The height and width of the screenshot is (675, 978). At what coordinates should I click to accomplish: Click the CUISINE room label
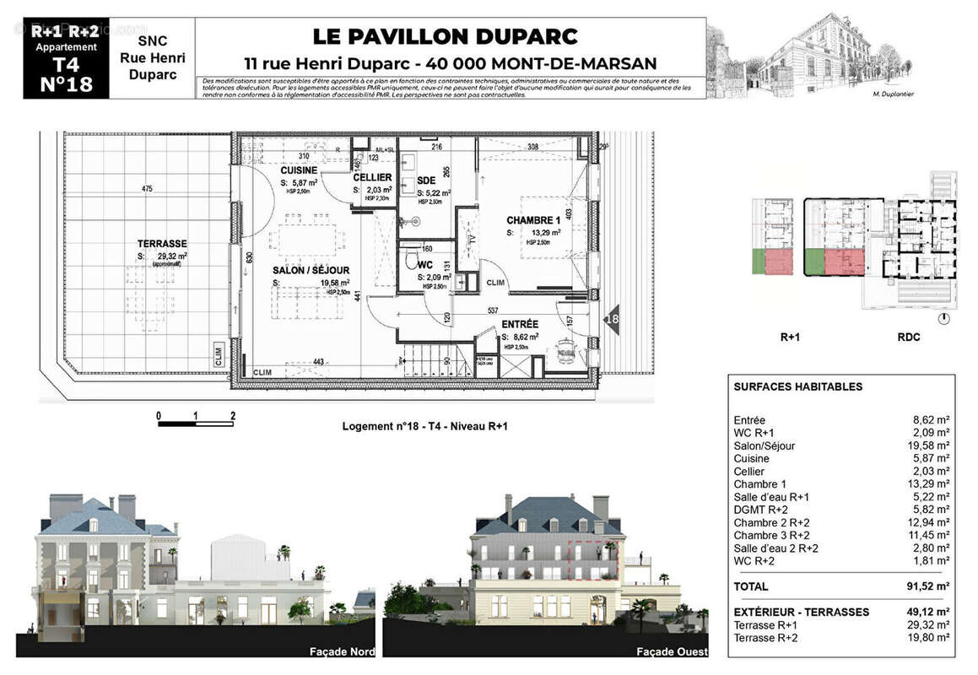(300, 170)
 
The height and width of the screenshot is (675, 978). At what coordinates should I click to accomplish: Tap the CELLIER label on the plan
(372, 177)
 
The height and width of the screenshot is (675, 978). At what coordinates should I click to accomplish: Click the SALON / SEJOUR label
(311, 270)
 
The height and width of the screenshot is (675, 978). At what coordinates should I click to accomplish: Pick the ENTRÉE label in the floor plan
(520, 323)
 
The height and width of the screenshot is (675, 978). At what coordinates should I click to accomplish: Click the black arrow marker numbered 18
(612, 319)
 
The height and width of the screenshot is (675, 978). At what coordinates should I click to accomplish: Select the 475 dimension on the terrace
(148, 189)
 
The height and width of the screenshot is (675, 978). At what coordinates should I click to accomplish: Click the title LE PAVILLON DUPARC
(446, 36)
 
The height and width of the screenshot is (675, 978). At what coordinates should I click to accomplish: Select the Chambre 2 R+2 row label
(771, 523)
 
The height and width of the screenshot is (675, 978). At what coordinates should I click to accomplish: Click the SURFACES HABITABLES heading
(797, 387)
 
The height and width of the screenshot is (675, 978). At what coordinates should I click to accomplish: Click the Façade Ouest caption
(672, 652)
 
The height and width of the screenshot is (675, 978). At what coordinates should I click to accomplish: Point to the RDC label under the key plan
(908, 337)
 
